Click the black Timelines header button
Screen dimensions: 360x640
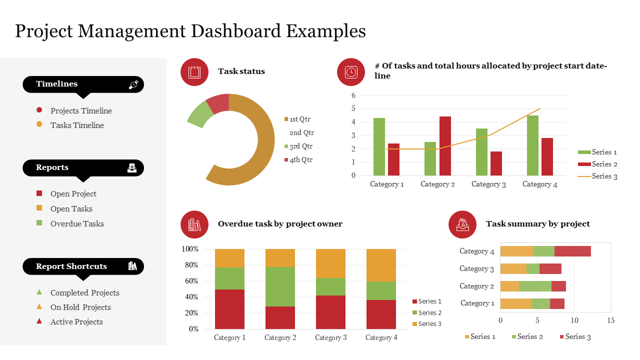(x=83, y=84)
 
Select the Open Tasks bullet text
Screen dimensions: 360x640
(x=71, y=209)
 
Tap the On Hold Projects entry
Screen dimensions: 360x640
(x=80, y=307)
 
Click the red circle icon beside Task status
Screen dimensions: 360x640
(x=194, y=72)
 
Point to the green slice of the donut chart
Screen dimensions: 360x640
(x=196, y=114)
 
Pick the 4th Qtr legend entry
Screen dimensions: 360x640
(x=300, y=160)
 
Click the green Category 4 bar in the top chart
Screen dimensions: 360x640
(x=532, y=145)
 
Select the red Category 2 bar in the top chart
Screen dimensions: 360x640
(x=445, y=146)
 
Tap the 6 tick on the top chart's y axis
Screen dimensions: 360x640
(x=353, y=95)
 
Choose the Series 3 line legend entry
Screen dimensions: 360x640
(x=597, y=176)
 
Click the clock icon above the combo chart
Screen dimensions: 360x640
(x=351, y=72)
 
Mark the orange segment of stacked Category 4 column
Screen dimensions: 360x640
(x=381, y=265)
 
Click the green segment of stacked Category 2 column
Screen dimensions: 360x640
(x=280, y=286)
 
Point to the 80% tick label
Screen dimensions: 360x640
(x=190, y=265)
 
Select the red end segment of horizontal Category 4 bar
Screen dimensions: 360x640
(x=572, y=251)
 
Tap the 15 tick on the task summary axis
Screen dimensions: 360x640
(x=610, y=320)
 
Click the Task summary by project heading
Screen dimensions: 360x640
(x=537, y=224)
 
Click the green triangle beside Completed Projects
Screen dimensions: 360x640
(x=39, y=292)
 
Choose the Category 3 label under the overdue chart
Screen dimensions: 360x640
(x=330, y=337)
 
